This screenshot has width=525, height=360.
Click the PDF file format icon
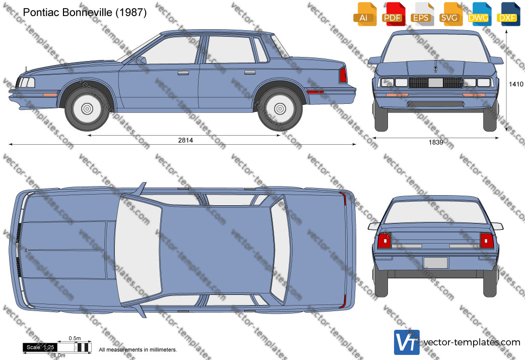pyautogui.click(x=393, y=14)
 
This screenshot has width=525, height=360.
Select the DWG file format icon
pyautogui.click(x=479, y=14)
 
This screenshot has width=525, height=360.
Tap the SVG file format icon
pyautogui.click(x=449, y=14)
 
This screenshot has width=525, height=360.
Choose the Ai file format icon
pyautogui.click(x=364, y=14)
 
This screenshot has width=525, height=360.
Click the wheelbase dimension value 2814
pyautogui.click(x=185, y=140)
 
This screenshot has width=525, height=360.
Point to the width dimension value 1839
pyautogui.click(x=436, y=143)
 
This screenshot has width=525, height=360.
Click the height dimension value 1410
pyautogui.click(x=516, y=84)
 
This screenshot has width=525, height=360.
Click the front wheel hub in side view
pyautogui.click(x=87, y=108)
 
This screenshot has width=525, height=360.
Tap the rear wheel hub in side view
pyautogui.click(x=280, y=108)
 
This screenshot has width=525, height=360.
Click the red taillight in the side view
pyautogui.click(x=343, y=75)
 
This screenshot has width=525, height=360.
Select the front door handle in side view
pyautogui.click(x=183, y=73)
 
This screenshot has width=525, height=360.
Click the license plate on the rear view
pyautogui.click(x=435, y=263)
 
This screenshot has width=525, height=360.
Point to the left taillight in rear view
pyautogui.click(x=384, y=241)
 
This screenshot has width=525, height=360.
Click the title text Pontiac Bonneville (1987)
pyautogui.click(x=85, y=13)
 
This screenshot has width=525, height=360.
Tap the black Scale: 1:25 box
pyautogui.click(x=40, y=347)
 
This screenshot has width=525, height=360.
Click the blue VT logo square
pyautogui.click(x=407, y=342)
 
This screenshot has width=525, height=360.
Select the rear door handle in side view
pyautogui.click(x=250, y=72)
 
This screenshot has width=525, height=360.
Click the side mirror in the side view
pyautogui.click(x=142, y=61)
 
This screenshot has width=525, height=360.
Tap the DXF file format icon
pyautogui.click(x=508, y=14)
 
